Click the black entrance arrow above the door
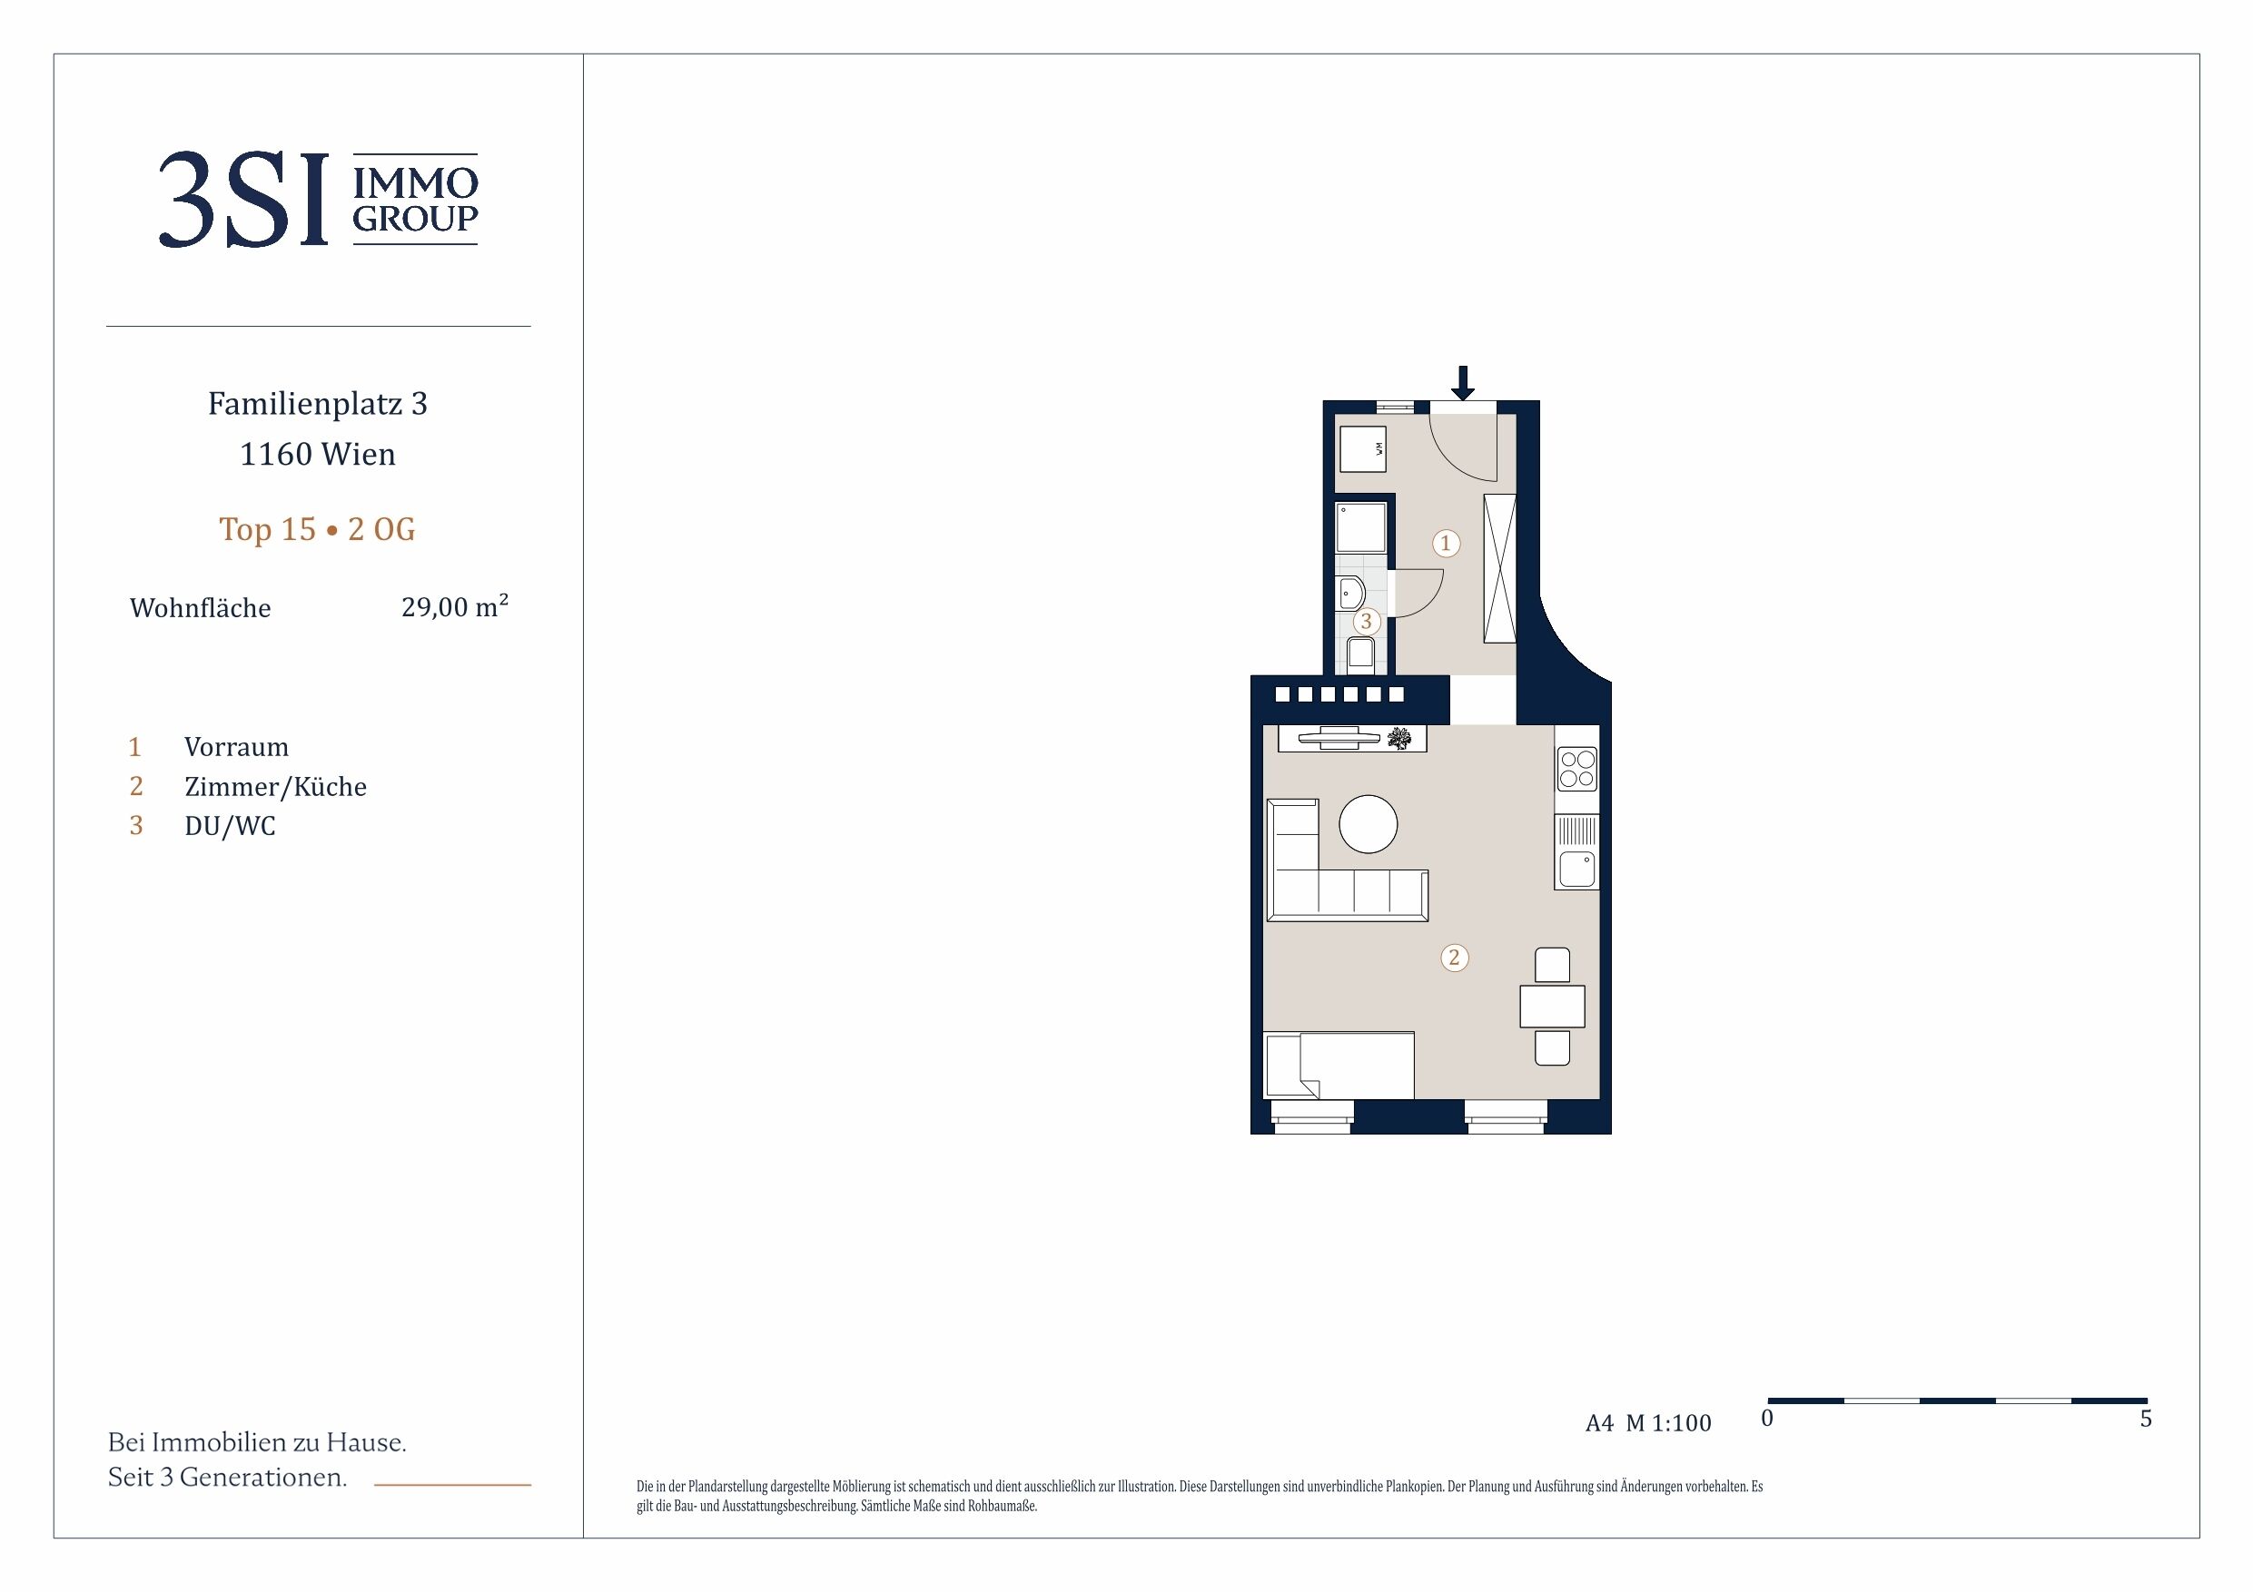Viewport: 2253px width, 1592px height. (x=1462, y=382)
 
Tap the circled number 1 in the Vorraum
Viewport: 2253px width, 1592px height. (x=1446, y=544)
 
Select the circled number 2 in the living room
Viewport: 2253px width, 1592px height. (x=1454, y=958)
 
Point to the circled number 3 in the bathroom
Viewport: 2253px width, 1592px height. (x=1366, y=621)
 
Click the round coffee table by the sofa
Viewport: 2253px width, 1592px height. (x=1368, y=824)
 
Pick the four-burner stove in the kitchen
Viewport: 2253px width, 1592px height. (x=1576, y=769)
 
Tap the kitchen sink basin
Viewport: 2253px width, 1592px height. (x=1576, y=870)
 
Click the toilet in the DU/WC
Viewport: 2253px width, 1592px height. (x=1360, y=654)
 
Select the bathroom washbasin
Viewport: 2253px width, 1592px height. (x=1350, y=594)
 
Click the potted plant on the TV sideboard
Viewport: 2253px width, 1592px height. (x=1400, y=739)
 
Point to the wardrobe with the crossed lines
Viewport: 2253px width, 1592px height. (x=1499, y=569)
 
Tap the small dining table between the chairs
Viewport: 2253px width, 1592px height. (x=1552, y=1007)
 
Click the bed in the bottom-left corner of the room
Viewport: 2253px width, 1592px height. (x=1339, y=1066)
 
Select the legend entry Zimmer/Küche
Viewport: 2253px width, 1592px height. (x=276, y=787)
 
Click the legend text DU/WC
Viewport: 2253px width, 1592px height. (x=231, y=826)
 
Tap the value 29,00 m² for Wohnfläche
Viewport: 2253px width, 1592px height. (x=455, y=606)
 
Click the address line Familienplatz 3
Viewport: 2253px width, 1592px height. (x=318, y=404)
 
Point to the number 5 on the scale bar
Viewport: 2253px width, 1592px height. (x=2146, y=1419)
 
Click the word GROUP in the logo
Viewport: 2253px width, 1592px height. (x=415, y=219)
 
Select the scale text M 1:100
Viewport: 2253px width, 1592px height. (x=1668, y=1423)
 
